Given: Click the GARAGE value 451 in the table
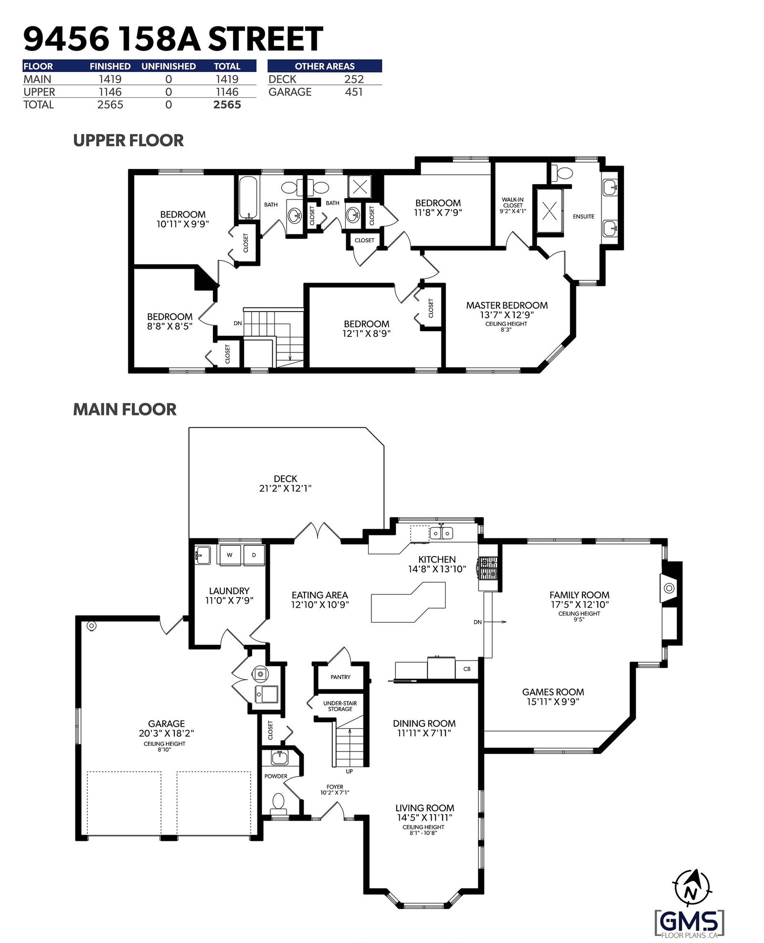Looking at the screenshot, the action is pos(354,92).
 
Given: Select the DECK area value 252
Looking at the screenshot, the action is pos(354,79).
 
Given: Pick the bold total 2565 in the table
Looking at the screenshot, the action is pos(227,105).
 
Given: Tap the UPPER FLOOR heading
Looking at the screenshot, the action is pos(128,140).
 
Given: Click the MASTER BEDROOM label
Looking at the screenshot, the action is pos(507,305).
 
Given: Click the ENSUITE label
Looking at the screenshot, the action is pos(584,217).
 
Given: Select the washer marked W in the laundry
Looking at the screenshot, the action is pos(230,555).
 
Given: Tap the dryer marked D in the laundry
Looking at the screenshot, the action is pos(254,555).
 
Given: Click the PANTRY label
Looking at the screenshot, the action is pos(340,677).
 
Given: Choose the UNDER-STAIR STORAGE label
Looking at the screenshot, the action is pos(340,706).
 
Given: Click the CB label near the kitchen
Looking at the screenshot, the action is pos(467,669).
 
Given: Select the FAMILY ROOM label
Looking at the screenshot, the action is pos(579,595).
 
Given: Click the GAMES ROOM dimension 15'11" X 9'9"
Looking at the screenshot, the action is pos(553,702).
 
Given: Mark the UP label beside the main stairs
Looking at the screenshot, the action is pos(350,771).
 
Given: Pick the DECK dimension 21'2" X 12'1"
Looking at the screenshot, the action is pos(286,488).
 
